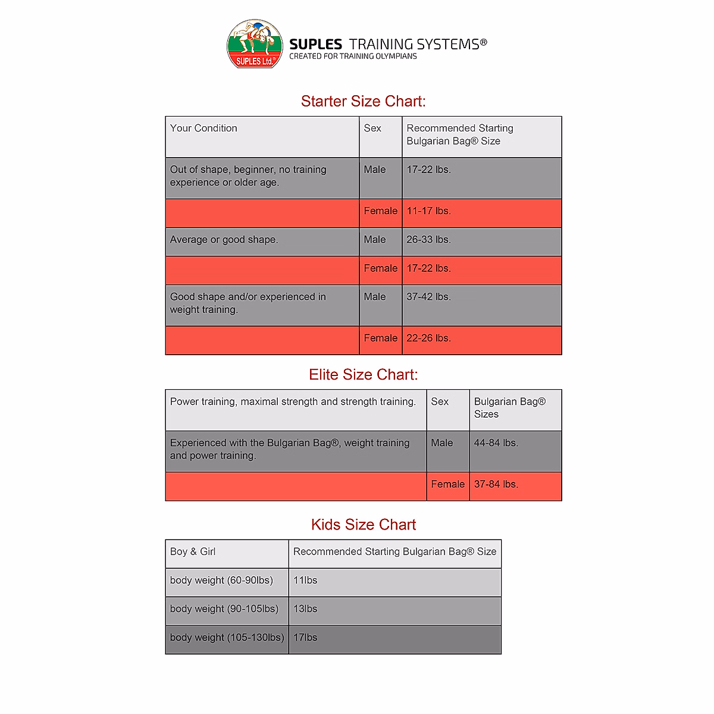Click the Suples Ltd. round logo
255,43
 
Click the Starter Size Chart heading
363,101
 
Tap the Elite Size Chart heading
363,374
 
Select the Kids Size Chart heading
363,524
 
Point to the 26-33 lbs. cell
428,240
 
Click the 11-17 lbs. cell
428,211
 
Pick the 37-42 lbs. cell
428,297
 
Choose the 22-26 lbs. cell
428,338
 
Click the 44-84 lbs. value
496,443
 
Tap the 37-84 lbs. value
496,484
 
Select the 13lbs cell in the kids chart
305,609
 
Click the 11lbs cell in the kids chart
305,580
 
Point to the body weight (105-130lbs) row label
227,637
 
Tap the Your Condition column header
203,129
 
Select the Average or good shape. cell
224,240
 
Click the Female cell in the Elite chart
447,484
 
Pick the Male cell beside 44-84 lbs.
441,443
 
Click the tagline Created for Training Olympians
353,57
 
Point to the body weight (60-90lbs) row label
221,580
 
